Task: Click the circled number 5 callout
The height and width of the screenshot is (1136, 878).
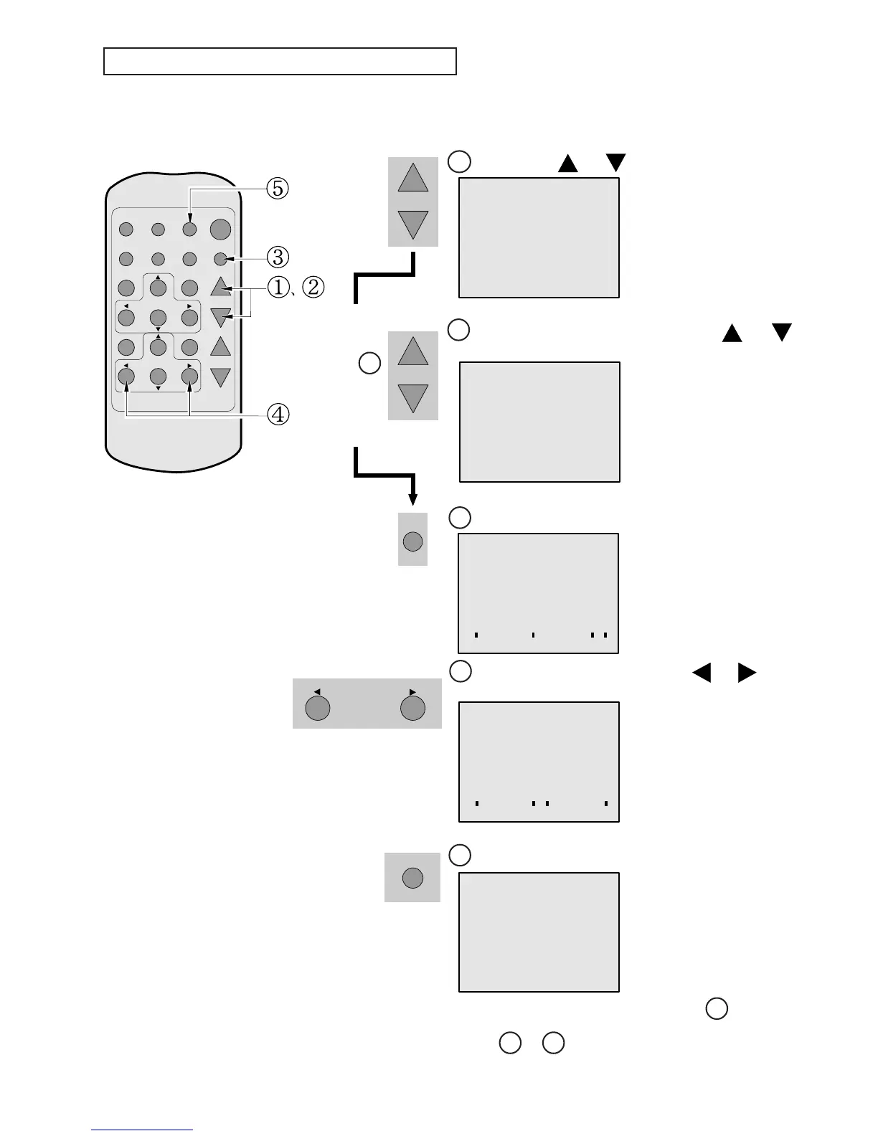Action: tap(278, 189)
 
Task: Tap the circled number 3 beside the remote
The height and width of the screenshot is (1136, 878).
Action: tap(278, 257)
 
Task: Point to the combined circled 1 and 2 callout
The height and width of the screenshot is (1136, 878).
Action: tap(296, 288)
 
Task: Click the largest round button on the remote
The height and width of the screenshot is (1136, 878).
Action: tap(220, 229)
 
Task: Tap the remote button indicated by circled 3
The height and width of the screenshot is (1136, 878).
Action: tap(220, 259)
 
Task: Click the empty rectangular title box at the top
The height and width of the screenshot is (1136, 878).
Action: tap(280, 62)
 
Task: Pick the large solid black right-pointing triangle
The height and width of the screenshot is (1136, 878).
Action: tap(747, 673)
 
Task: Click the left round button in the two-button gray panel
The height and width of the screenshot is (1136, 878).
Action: tap(318, 708)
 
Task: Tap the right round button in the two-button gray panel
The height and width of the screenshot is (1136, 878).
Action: tap(412, 708)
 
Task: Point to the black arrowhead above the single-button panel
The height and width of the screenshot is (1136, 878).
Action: tap(412, 499)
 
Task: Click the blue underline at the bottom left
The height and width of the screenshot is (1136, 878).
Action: tap(142, 1130)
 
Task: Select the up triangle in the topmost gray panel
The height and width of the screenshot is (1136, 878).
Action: tap(413, 178)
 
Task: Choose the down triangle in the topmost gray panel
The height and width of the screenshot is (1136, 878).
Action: tap(413, 224)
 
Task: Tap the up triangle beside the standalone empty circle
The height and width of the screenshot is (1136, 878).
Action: tap(413, 351)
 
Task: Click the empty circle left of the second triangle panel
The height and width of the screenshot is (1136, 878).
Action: tap(369, 363)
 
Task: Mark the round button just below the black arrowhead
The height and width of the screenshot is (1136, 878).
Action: tap(412, 541)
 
